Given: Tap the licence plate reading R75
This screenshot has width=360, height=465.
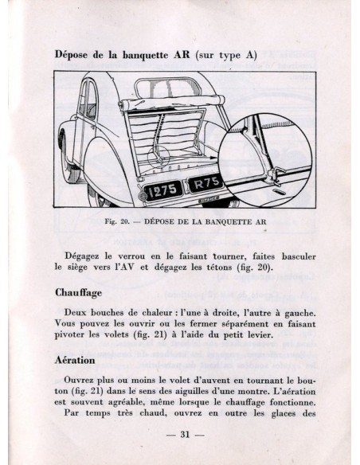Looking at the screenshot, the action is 206,183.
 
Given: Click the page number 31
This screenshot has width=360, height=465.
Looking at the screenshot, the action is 185,435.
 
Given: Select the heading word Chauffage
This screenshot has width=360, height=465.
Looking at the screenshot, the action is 78,293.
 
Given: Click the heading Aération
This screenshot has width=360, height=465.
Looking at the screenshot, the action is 75,361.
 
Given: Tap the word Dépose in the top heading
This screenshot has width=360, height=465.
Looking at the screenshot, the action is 71,55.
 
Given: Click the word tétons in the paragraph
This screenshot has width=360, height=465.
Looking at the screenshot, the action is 218,268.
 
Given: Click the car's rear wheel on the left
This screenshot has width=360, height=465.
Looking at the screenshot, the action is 67,156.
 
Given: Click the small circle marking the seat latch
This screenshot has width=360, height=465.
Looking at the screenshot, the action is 158,157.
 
